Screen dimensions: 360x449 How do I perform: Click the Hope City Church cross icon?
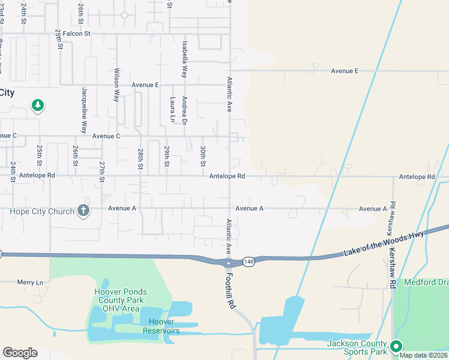pos(83,211)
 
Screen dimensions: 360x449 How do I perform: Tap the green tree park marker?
pos(38,106)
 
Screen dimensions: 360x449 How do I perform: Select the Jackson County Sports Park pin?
pos(396,346)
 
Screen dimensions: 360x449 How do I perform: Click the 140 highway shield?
pos(250,262)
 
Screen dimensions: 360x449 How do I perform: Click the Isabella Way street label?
pos(185,59)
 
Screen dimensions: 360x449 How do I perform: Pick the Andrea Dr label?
pos(185,111)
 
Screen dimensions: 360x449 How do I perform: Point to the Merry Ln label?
pos(30,282)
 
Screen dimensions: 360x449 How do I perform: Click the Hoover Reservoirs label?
pos(161,326)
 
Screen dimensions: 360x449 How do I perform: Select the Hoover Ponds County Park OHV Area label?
pos(121,300)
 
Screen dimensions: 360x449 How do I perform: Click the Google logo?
pos(20,353)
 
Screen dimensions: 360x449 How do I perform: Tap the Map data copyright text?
pos(423,355)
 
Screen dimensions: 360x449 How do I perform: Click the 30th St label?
pos(203,156)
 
